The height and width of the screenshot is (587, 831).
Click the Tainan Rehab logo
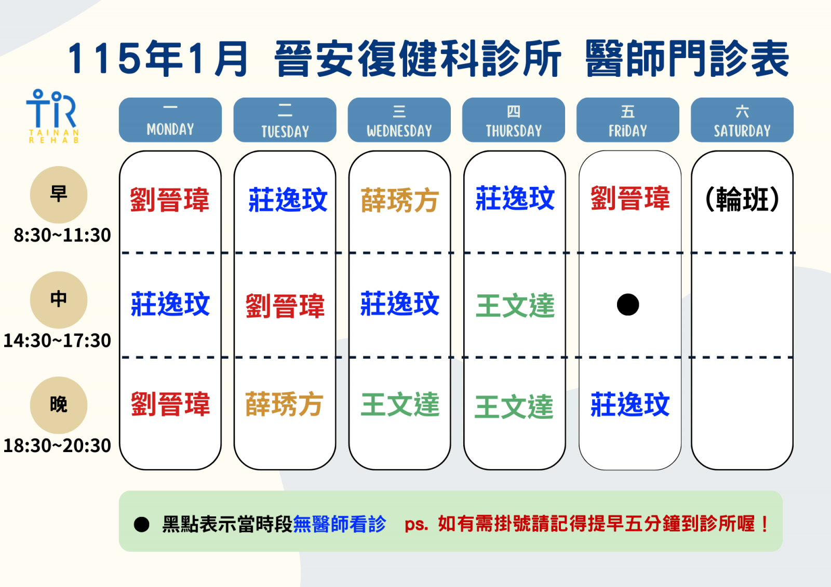52,116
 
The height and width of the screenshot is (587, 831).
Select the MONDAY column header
170,120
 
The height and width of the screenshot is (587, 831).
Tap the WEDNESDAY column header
399,120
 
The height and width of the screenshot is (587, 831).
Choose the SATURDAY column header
742,120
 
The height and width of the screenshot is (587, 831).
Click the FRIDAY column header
628,120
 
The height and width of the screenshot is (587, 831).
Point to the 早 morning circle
59,195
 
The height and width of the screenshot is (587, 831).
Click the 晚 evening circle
59,405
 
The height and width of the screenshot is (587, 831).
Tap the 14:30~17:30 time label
57,340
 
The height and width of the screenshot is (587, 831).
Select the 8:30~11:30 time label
62,235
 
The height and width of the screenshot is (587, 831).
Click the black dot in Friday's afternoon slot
628,305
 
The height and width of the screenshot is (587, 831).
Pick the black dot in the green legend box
141,524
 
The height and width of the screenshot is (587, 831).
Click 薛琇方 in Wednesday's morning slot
399,200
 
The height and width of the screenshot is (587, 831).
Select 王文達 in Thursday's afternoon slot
515,306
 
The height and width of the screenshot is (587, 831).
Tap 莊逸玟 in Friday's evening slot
630,404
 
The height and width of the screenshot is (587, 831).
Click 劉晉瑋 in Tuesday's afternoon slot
285,306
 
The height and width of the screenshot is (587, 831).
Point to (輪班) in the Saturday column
742,199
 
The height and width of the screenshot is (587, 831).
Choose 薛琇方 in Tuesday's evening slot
284,404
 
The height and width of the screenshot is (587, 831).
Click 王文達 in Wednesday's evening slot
400,404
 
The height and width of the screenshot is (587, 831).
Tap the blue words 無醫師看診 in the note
340,524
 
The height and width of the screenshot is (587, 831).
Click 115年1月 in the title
158,59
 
